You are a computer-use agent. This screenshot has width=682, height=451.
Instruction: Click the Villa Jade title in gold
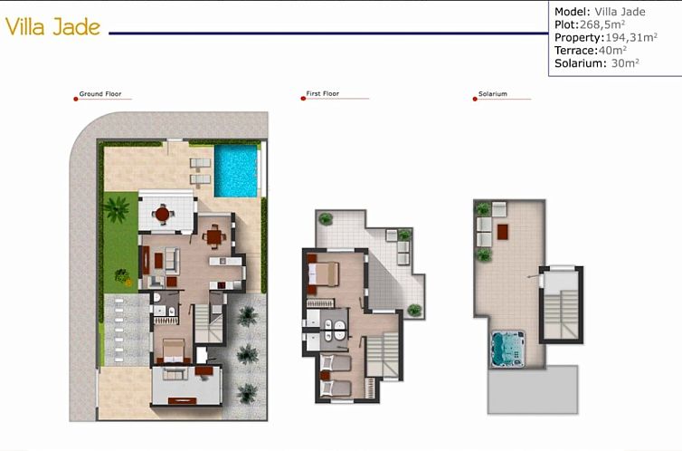52,27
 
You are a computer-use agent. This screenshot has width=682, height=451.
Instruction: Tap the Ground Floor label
100,94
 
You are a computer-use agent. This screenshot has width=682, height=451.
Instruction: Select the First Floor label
322,94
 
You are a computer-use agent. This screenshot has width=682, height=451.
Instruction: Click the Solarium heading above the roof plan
493,94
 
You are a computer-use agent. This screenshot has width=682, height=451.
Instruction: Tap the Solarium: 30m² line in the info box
597,63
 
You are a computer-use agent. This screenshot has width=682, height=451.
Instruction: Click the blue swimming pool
236,170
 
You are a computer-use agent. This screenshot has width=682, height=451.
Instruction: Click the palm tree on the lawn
116,209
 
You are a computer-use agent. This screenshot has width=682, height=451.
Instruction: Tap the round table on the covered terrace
163,214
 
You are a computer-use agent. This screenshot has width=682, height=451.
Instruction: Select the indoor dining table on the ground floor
213,236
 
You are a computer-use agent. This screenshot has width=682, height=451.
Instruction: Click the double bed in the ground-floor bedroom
173,350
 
